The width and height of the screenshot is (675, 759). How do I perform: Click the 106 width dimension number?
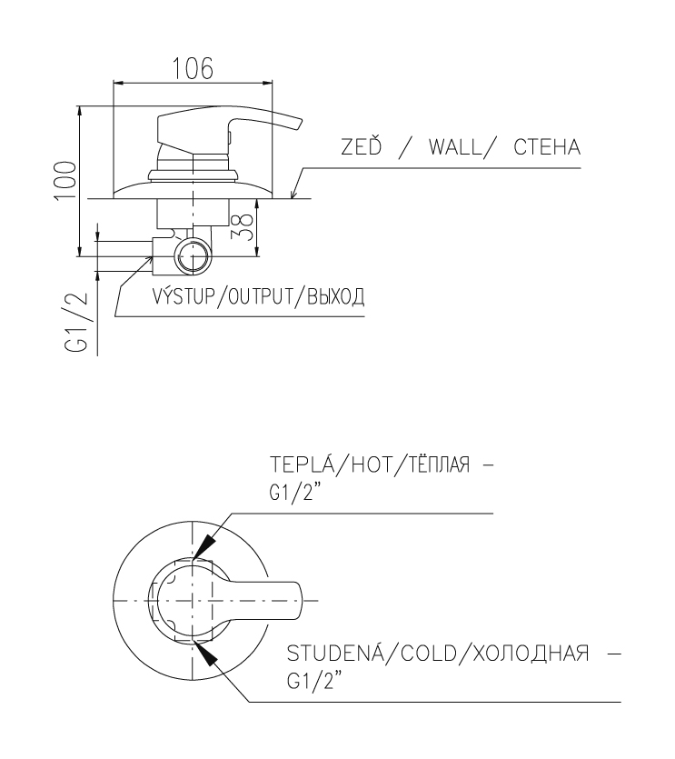click(x=193, y=68)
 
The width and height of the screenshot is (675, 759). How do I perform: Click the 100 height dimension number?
click(x=65, y=180)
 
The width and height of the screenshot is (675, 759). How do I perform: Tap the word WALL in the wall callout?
click(x=455, y=147)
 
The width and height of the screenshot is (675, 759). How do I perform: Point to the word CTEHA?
click(x=547, y=147)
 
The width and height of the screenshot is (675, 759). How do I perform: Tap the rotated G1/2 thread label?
click(x=76, y=322)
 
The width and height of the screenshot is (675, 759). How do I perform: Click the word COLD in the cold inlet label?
click(x=430, y=654)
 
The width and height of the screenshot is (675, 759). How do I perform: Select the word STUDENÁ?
click(x=336, y=653)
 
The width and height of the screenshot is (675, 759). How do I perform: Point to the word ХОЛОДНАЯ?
click(x=531, y=654)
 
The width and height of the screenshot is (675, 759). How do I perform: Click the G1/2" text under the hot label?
click(x=295, y=494)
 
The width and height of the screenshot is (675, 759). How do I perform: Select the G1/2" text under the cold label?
click(x=313, y=682)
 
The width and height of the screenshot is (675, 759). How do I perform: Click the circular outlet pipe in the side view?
click(x=193, y=256)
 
